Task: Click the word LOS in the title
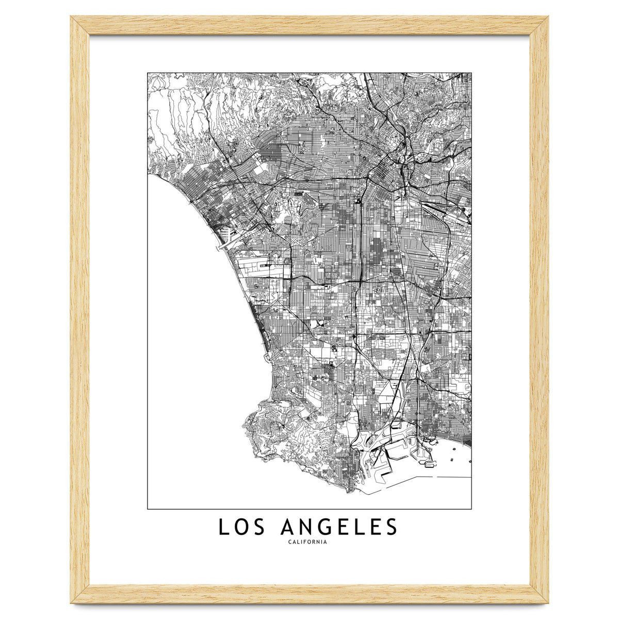pos(243,527)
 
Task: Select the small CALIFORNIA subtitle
pos(308,542)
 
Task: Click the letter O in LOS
pos(243,527)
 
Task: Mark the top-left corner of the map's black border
pos(148,73)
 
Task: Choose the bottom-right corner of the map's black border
pos(471,509)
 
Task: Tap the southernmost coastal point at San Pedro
pos(351,490)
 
